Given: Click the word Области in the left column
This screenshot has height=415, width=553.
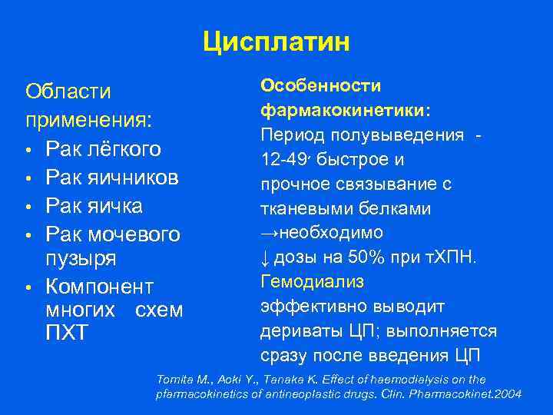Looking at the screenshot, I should pyautogui.click(x=68, y=91).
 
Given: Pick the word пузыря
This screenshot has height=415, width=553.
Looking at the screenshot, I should pyautogui.click(x=82, y=259).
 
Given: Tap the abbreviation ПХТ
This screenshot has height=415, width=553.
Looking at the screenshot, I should pyautogui.click(x=68, y=333).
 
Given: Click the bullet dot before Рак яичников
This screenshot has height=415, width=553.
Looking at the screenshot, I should pyautogui.click(x=28, y=178).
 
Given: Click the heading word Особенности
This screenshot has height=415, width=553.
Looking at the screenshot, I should pyautogui.click(x=310, y=85).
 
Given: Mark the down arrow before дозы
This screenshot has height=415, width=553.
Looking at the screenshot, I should pyautogui.click(x=265, y=257).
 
